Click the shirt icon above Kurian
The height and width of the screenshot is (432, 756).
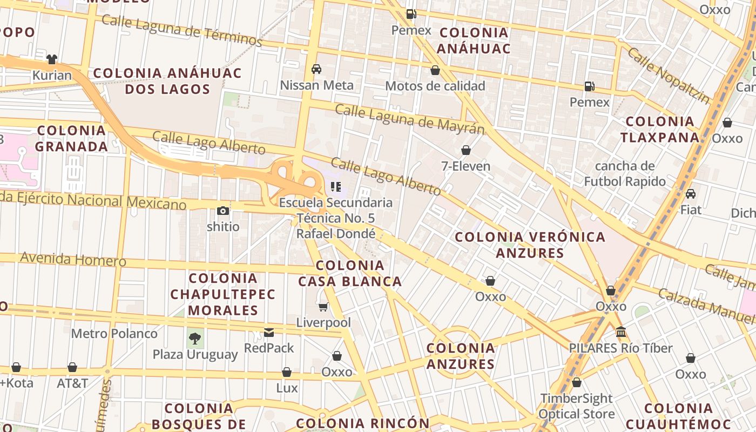coord(52,59)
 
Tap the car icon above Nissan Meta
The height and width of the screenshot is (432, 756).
coord(316,69)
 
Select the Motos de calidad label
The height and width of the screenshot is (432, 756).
coord(435,86)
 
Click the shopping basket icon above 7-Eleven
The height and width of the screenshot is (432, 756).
coord(465,150)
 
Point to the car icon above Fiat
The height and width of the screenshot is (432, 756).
coord(690,193)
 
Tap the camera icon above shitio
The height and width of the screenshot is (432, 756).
coord(222,211)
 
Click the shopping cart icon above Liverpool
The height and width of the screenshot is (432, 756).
coord(323,307)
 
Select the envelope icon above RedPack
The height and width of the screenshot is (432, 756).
coord(268,332)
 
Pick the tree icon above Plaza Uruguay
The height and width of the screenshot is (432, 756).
coord(195,339)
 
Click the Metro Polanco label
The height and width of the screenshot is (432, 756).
coord(114,334)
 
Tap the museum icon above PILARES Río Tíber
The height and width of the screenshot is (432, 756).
coord(620,332)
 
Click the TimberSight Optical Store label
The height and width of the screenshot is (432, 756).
coord(577,406)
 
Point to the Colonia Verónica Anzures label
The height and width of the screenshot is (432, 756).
coord(530,245)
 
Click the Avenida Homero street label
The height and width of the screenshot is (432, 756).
coord(73,259)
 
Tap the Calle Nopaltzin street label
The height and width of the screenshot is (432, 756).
coord(669,76)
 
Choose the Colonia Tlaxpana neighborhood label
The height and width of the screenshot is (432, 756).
coord(660,129)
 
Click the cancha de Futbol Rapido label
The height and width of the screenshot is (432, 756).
coord(625,173)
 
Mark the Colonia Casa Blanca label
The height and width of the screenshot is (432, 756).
coord(350,273)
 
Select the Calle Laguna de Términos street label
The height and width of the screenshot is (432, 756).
coord(181,30)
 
